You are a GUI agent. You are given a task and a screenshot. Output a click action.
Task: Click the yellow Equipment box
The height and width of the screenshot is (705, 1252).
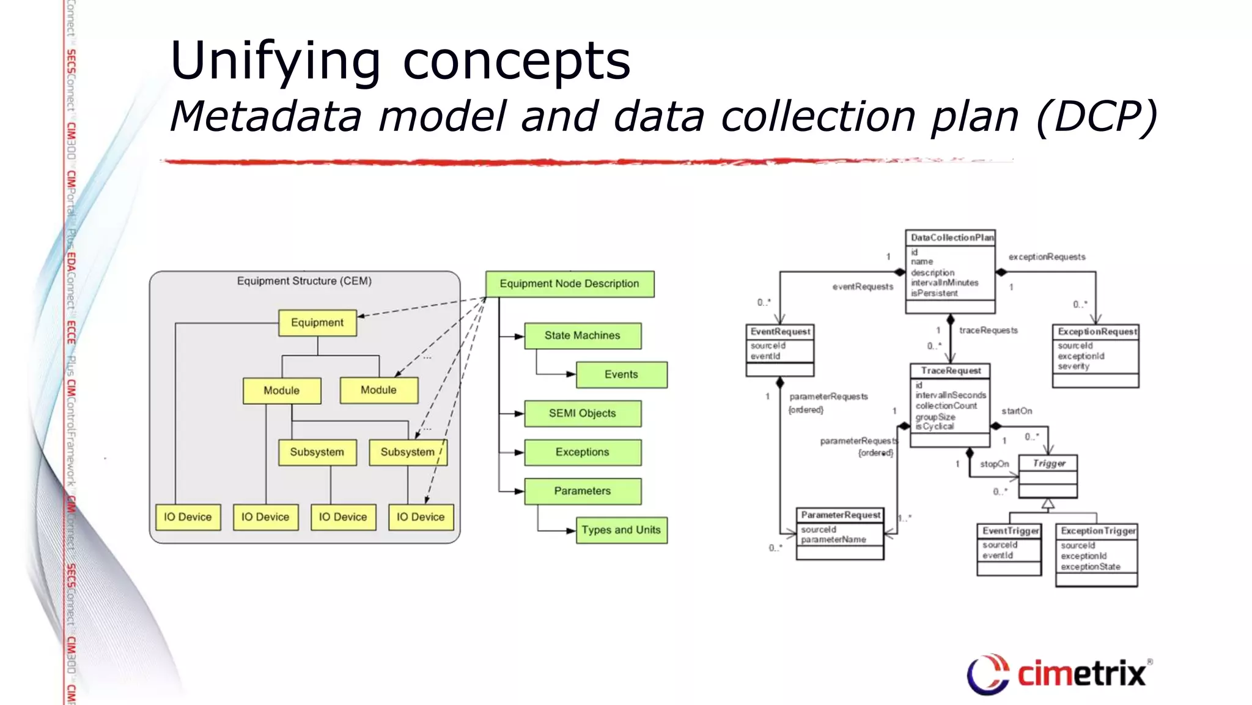pos(317,323)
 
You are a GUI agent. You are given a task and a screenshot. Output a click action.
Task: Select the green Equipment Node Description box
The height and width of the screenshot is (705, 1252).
pos(569,284)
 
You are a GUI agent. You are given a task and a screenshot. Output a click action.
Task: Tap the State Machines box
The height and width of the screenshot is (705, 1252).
pos(582,335)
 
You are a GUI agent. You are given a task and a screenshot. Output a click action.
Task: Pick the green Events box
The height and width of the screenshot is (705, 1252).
pos(621,375)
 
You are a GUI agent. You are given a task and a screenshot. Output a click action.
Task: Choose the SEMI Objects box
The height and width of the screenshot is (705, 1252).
pos(582,413)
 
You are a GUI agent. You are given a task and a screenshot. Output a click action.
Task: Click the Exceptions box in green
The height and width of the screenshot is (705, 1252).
pos(582,452)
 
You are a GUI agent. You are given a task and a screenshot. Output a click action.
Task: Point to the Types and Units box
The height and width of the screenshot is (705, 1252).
pos(621,530)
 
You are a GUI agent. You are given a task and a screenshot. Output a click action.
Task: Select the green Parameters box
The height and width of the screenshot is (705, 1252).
pos(582,491)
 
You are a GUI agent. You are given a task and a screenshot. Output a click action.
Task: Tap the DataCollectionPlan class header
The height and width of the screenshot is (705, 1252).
pos(951,237)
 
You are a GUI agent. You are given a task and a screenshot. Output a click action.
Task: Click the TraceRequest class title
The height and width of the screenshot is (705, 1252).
pos(950,371)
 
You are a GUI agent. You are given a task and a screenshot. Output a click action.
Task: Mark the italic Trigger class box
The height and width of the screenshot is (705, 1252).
pos(1048,464)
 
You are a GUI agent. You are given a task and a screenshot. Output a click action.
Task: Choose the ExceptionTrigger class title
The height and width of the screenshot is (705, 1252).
pos(1097,531)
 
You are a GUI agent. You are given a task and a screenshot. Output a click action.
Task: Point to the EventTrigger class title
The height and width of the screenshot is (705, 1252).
pos(1010,531)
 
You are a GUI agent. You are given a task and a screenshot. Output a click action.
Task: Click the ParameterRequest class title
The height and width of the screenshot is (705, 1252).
pos(841,515)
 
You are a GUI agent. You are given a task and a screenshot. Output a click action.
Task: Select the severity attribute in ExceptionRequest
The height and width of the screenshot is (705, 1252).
pos(1073,366)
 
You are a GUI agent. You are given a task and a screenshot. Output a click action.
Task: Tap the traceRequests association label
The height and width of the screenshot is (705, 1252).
pos(988,330)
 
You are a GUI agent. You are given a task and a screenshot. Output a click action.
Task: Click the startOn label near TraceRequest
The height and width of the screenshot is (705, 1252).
pos(1017,411)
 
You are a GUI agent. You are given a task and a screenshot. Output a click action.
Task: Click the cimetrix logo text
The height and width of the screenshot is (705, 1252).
pos(1081,674)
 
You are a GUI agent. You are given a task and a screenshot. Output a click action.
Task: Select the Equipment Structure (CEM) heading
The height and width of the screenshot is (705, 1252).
pos(304,281)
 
